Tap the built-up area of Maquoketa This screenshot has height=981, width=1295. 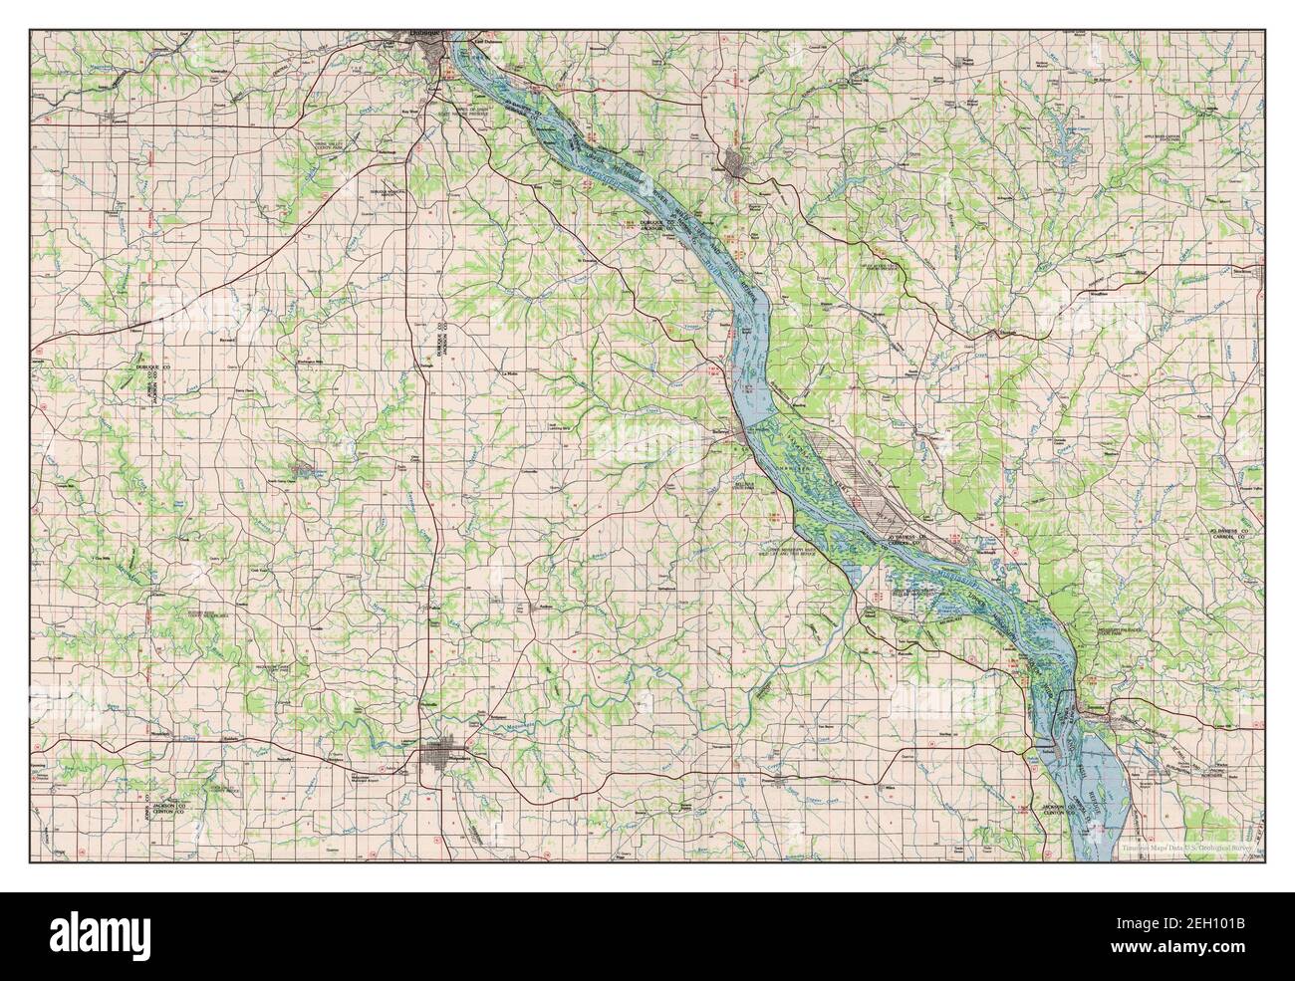tap(436, 760)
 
